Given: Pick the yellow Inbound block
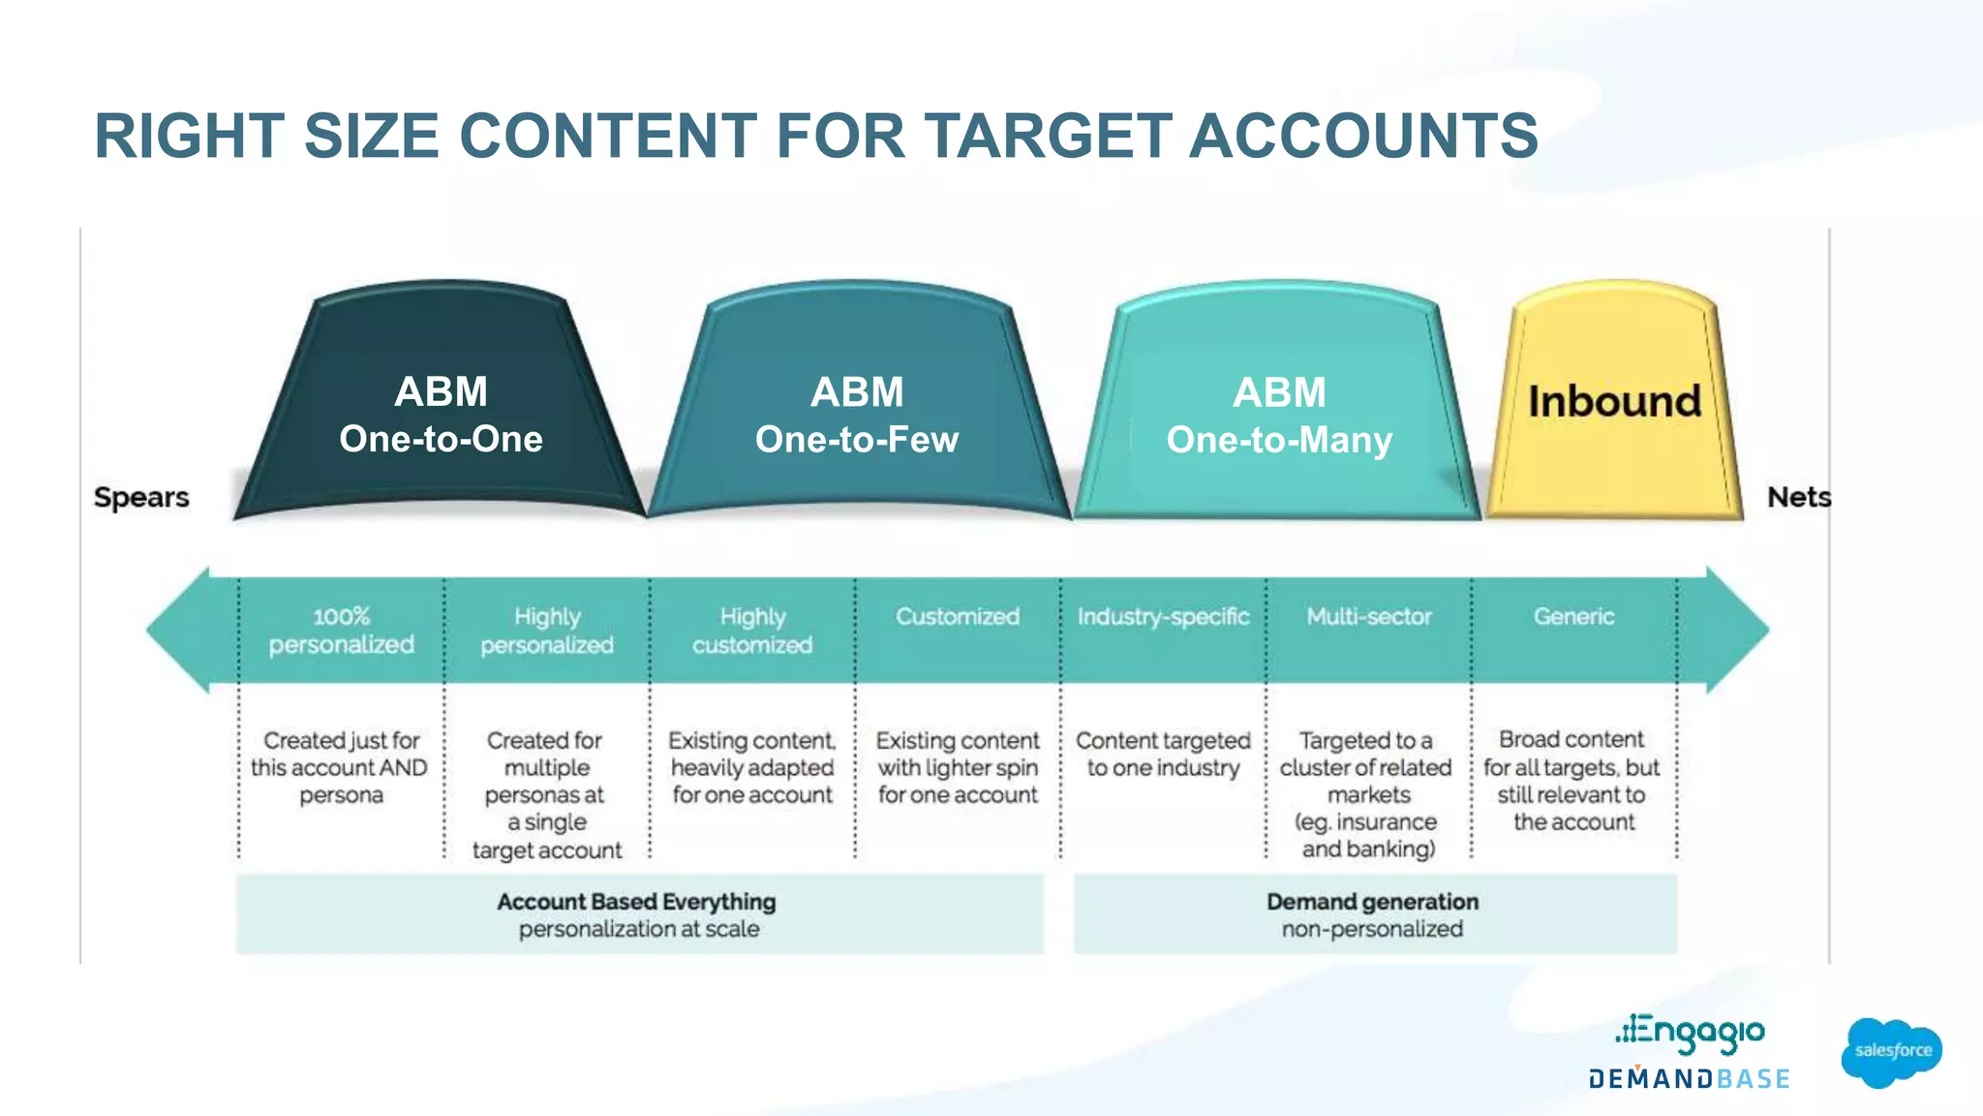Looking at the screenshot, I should click(x=1614, y=401).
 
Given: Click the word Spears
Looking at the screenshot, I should click(x=141, y=497).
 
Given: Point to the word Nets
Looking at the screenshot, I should click(x=1798, y=497).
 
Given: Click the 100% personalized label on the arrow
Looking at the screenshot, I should click(x=341, y=631).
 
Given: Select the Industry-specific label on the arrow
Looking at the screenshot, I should click(x=1163, y=617).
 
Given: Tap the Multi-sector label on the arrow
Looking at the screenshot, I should click(x=1368, y=617).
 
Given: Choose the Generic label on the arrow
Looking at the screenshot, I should click(x=1573, y=617).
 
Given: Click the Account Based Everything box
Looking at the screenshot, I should click(x=639, y=914).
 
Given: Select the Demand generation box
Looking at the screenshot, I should click(x=1374, y=914).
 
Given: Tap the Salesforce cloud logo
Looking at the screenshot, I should click(x=1891, y=1051).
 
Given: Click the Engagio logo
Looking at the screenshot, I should click(x=1690, y=1033).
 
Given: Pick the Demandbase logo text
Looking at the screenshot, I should click(x=1689, y=1078).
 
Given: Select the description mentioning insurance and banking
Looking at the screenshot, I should click(x=1367, y=794).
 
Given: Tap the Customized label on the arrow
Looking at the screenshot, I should click(x=957, y=617).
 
